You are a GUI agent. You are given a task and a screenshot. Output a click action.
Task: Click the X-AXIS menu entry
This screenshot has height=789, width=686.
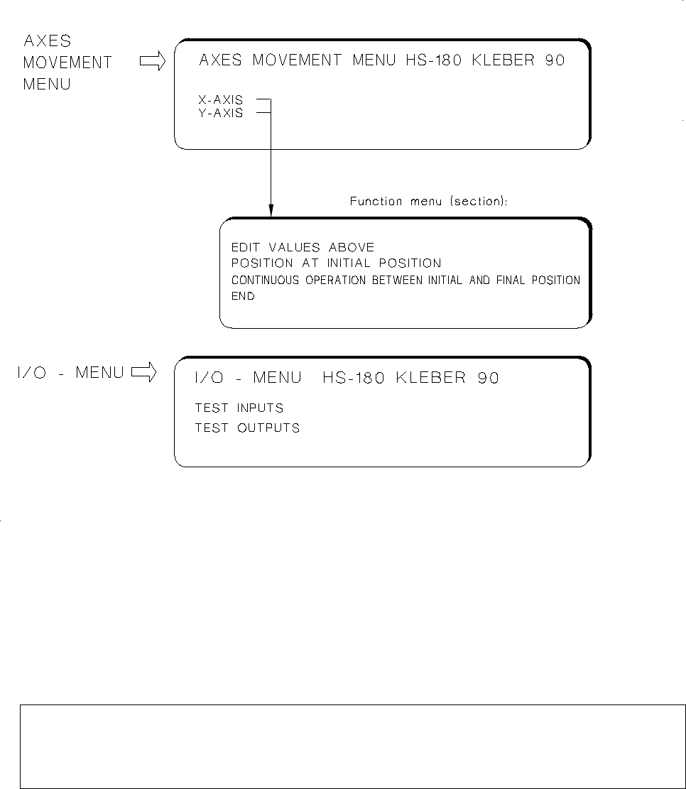point(220,101)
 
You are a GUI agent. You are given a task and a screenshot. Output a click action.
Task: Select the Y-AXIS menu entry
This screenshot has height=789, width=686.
point(220,113)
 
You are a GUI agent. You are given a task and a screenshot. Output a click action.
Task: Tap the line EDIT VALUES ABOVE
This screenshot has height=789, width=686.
point(303,247)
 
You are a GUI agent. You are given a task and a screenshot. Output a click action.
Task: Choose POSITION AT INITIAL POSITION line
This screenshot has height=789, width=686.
point(336,263)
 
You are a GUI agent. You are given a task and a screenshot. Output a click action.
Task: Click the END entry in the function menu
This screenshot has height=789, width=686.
point(243,296)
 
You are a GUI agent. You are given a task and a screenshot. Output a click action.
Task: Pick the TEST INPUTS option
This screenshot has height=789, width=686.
point(239,408)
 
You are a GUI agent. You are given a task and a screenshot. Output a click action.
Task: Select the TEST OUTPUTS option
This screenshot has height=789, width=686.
point(247,428)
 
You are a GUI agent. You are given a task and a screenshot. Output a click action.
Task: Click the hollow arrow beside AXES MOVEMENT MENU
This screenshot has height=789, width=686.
point(152,62)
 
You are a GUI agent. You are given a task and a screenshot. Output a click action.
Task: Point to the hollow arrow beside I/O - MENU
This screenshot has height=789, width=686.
point(143,372)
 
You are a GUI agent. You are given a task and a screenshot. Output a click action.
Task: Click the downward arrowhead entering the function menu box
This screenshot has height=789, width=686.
point(271,212)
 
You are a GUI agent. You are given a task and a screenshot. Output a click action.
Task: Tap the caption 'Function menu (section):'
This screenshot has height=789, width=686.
point(428,202)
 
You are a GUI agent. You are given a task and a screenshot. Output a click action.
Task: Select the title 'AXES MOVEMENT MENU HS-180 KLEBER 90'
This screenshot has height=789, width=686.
point(382,60)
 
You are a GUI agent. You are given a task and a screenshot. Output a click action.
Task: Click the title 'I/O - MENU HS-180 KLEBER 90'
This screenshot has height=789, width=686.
point(347,378)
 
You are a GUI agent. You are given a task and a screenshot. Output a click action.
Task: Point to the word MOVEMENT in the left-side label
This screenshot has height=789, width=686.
point(67,62)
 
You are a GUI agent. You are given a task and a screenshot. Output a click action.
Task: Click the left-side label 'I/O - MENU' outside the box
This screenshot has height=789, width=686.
point(70,372)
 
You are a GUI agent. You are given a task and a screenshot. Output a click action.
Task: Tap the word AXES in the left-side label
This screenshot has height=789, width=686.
point(48,41)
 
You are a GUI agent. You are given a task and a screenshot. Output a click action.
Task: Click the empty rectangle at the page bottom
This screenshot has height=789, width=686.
point(342,746)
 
